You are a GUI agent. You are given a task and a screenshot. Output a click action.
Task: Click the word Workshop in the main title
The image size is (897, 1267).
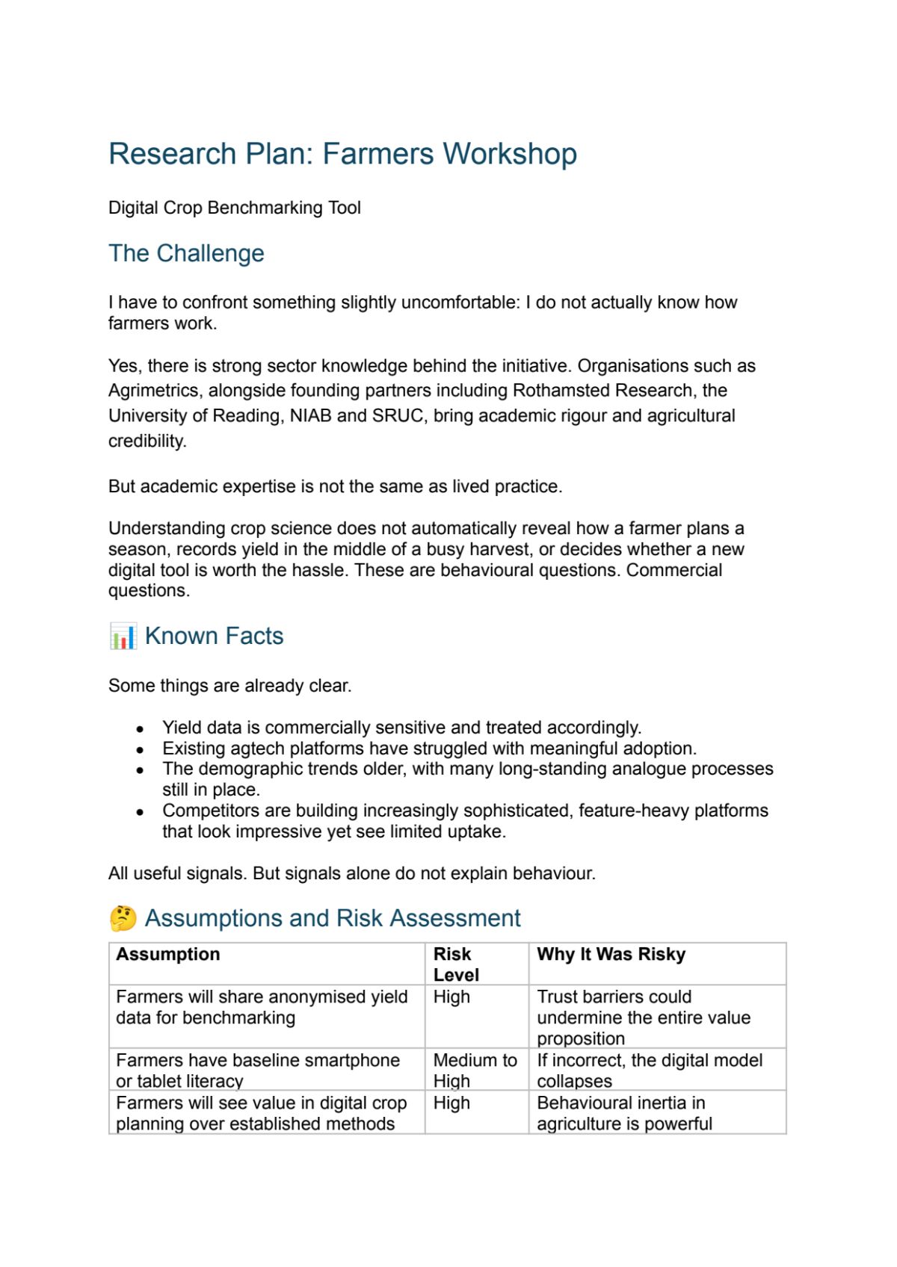[510, 154]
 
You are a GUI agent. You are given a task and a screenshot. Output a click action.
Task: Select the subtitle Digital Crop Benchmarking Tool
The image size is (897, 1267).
[234, 208]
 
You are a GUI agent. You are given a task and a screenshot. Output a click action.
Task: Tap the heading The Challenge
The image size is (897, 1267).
[186, 253]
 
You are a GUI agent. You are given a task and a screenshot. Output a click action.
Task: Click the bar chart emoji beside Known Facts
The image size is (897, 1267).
[123, 636]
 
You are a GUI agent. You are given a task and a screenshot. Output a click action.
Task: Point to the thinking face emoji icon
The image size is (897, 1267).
[123, 918]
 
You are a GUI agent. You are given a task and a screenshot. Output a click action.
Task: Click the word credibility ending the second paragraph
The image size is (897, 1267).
[147, 441]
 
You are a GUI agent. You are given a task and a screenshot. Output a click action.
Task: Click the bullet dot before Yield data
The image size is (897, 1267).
[140, 728]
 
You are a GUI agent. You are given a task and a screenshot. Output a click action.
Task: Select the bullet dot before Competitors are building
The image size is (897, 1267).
[140, 811]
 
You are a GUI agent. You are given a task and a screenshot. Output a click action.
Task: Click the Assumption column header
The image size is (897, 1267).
[168, 955]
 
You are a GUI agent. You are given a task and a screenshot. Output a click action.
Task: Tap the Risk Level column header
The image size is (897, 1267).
[455, 964]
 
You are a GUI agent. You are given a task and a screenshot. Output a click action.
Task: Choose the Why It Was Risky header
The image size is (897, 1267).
[611, 955]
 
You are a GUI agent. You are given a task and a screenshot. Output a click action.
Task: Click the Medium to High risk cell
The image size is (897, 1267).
[475, 1070]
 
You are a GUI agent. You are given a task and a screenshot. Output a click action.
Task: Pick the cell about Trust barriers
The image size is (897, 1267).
[643, 1017]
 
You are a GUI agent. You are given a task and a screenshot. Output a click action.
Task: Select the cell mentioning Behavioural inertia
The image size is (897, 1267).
[624, 1112]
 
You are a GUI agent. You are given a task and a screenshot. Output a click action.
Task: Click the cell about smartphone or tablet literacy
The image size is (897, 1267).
[258, 1070]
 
